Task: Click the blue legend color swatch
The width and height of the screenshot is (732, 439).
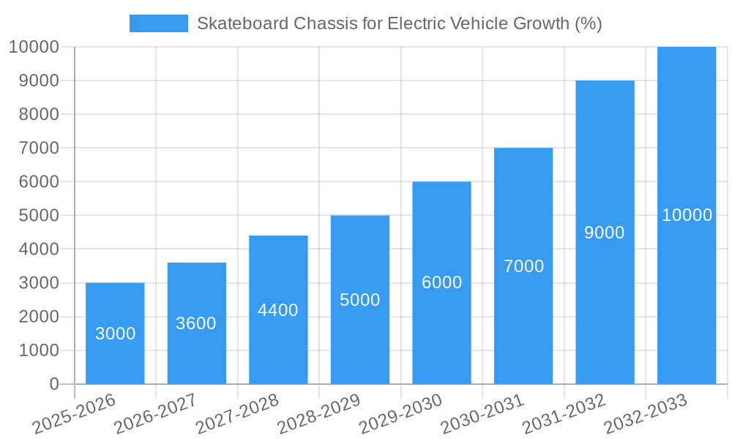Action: pos(158,23)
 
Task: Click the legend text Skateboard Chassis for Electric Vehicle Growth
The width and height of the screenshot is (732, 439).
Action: pos(399,23)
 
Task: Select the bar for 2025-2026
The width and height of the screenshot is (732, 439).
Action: pos(115,334)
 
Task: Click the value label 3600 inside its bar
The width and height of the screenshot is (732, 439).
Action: pos(196,323)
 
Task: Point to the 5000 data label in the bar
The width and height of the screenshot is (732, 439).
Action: pos(360,300)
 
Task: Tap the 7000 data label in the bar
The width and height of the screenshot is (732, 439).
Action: pos(523,266)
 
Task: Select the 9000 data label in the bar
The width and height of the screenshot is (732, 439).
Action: pos(605,233)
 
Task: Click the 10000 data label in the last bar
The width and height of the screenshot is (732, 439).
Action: pos(687,215)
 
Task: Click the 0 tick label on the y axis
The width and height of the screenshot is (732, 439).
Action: pos(53,384)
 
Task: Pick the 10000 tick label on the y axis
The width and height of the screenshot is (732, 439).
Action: pos(34,47)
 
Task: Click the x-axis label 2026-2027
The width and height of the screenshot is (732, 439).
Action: pos(156,413)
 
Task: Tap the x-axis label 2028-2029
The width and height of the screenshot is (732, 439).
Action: pos(319,413)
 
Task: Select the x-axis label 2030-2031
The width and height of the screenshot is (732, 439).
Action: pos(482,413)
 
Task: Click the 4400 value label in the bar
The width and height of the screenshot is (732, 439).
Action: pos(278,310)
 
